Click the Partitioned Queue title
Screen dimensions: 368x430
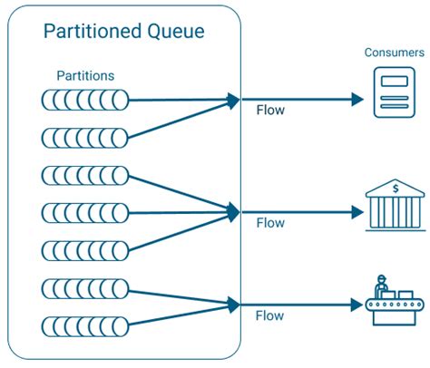coord(124,33)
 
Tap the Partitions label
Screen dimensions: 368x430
coord(86,75)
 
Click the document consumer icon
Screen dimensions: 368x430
coord(394,93)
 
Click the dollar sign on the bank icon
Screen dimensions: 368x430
coord(396,189)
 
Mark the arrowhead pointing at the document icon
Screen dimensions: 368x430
coord(357,98)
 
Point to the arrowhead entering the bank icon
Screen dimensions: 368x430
coord(357,213)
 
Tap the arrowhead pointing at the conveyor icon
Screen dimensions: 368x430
coord(357,305)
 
